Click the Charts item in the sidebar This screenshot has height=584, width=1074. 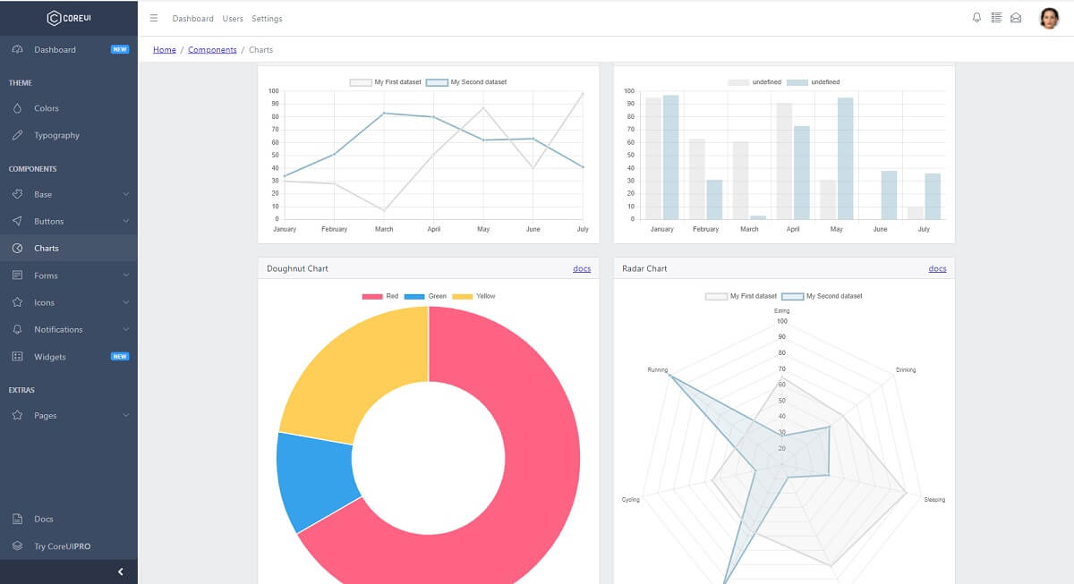[x=47, y=249]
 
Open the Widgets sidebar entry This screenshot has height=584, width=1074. [x=50, y=357]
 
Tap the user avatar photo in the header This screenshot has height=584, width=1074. [x=1049, y=18]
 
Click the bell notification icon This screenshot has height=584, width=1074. [x=976, y=18]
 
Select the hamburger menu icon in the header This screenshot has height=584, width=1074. [x=154, y=18]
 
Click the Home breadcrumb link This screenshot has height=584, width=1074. [x=165, y=50]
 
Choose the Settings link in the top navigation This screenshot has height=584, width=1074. [x=267, y=19]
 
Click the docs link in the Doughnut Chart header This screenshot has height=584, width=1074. [x=582, y=268]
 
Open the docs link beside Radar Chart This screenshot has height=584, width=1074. [x=937, y=268]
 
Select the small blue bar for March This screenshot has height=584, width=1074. [x=758, y=217]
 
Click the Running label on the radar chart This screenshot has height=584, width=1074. [x=658, y=369]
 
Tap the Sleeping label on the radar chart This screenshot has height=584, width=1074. [x=934, y=500]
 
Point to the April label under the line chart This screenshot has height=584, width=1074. [x=433, y=230]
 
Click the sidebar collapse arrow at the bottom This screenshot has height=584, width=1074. [x=121, y=571]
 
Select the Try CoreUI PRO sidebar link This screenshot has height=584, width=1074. [x=62, y=546]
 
